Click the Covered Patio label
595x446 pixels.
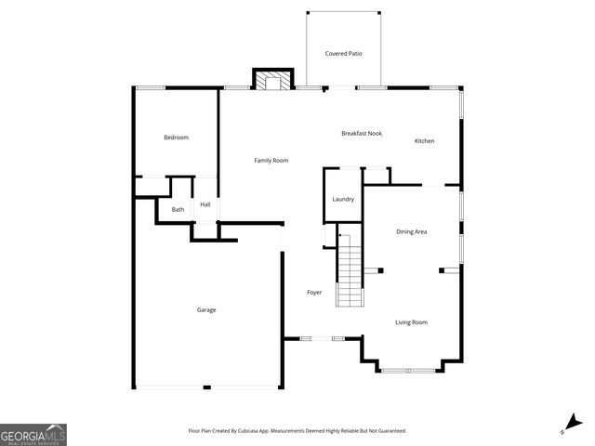[x=343, y=54]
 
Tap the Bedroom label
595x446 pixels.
[x=176, y=138]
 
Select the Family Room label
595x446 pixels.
[x=271, y=161]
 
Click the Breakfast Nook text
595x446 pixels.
[x=362, y=134]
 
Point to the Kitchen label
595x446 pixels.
[x=424, y=141]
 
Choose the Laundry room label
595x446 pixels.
[x=343, y=199]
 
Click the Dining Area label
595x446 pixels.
[x=411, y=231]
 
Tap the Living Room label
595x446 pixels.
[x=411, y=322]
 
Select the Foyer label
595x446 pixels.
[x=314, y=293]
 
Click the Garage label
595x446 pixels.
[x=205, y=309]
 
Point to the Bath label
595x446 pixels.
[x=178, y=210]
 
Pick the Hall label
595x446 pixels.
[x=205, y=204]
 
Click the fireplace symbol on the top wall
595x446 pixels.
[x=273, y=82]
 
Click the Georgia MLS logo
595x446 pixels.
[x=33, y=434]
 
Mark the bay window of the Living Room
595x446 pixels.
[x=407, y=370]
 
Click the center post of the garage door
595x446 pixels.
[x=206, y=387]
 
